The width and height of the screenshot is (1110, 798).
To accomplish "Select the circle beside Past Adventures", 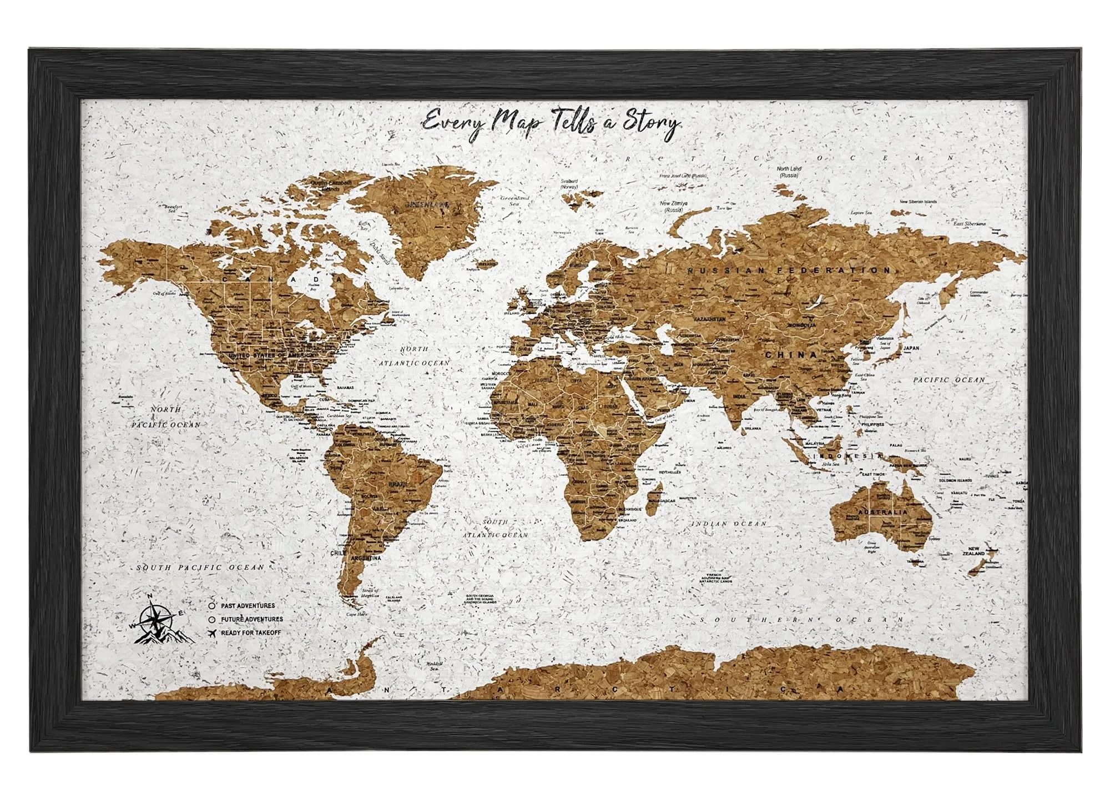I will pos(212,605).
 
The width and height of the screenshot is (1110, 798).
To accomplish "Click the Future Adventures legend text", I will pos(251,619).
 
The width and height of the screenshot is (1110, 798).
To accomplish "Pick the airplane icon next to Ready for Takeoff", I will pos(212,633).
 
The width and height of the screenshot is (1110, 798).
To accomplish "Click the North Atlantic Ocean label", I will pos(414,355).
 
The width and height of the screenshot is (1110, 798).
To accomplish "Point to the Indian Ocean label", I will pos(728,524).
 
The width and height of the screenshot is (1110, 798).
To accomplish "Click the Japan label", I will pos(911,348).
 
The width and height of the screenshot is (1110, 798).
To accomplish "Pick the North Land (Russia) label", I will pos(790,171).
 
